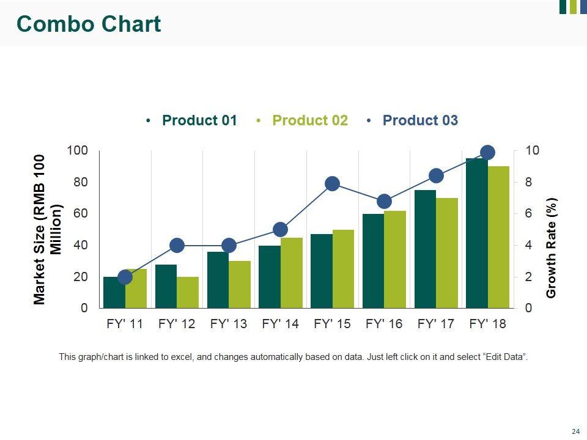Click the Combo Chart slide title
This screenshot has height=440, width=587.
89,24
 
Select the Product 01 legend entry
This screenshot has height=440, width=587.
199,120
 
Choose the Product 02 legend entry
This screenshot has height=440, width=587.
309,120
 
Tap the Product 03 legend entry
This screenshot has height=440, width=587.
419,120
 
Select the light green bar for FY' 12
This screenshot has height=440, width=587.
188,293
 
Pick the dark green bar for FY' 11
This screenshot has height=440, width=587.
114,293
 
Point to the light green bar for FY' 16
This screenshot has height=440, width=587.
395,260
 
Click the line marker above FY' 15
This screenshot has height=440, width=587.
332,183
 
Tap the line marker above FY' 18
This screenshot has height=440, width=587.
487,153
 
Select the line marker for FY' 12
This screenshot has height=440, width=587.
177,246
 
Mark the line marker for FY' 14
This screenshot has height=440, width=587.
280,230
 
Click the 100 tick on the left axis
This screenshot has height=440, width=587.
78,150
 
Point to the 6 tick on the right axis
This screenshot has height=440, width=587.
528,214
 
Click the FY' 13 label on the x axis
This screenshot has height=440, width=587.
228,324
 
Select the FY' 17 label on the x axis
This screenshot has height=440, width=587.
435,324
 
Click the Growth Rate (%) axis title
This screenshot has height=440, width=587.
552,248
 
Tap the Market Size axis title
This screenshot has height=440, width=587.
48,229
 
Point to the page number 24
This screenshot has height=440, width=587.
575,431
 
